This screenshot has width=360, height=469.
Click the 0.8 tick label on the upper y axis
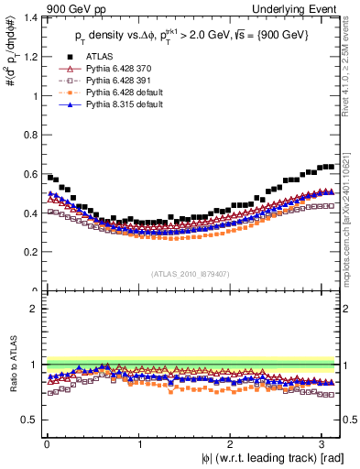(x=30, y=135)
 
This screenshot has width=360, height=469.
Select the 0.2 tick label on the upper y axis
(x=30, y=252)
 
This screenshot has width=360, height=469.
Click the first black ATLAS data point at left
(x=49, y=177)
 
